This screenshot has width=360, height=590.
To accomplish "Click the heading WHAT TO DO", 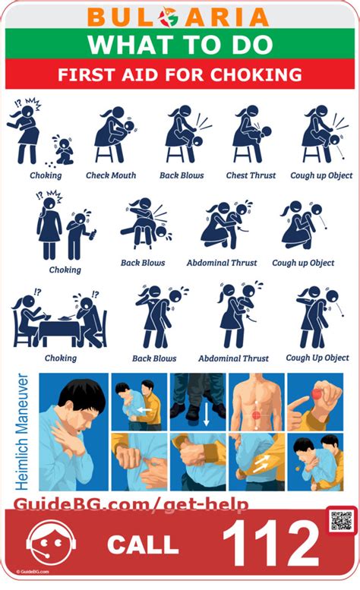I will click(x=179, y=45).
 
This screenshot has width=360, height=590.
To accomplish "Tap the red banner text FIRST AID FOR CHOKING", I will click(x=180, y=75).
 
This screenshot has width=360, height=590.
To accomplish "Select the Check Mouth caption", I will click(x=111, y=175).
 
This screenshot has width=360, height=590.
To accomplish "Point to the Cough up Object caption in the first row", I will click(x=321, y=175).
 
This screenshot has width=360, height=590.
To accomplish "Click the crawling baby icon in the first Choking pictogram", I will click(x=62, y=151).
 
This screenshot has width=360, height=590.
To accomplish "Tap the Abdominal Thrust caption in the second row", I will click(x=222, y=263).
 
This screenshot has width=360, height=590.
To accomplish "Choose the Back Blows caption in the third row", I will click(x=154, y=358).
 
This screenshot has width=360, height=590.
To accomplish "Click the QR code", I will click(x=341, y=522).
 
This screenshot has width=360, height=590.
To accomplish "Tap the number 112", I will click(x=270, y=543).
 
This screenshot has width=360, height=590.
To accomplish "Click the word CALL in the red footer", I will click(x=143, y=544).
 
